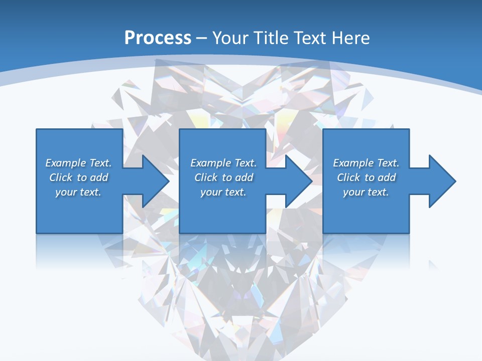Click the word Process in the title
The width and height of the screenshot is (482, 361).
(x=158, y=38)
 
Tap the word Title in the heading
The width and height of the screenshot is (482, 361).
(x=272, y=38)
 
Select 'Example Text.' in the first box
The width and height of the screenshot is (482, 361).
(x=78, y=163)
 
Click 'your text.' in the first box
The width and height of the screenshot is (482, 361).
(x=78, y=192)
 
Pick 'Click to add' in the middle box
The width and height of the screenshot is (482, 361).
(x=223, y=177)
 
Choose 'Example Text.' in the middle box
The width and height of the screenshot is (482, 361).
(x=223, y=163)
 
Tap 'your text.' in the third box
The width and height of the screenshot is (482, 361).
(x=366, y=192)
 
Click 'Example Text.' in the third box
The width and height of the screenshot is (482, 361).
(x=366, y=163)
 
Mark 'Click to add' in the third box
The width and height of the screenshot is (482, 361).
(x=366, y=177)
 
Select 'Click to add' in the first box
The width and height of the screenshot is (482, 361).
(x=78, y=177)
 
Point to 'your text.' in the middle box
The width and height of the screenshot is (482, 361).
(x=223, y=192)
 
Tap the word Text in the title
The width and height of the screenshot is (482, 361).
(x=308, y=38)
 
